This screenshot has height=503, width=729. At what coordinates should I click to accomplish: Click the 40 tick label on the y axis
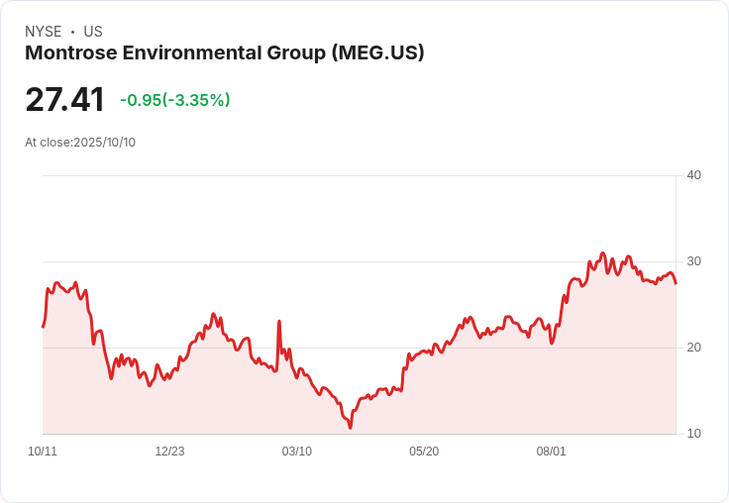coord(693,175)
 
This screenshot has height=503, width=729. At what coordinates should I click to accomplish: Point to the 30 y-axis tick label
coord(693,261)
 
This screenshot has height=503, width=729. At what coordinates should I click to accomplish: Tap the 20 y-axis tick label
coord(693,348)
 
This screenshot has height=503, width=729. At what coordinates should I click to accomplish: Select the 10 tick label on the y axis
coord(693,434)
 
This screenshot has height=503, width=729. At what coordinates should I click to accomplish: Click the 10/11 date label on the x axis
coord(43,452)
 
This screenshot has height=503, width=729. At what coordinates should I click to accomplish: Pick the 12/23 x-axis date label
coord(169,452)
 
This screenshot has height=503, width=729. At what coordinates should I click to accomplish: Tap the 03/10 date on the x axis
coord(296,452)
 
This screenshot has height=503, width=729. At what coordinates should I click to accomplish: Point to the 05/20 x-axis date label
coord(424,452)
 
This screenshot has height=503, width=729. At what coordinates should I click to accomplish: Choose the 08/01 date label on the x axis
coord(551,452)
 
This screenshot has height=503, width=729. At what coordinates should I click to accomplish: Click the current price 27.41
coord(64,100)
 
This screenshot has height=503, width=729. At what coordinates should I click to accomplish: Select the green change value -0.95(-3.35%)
coord(174,100)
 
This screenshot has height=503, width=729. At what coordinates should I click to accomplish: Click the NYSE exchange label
coord(44,32)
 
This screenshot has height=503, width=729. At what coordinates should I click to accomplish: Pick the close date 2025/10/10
coord(104,143)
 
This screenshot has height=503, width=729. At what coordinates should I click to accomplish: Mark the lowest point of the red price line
coord(350,427)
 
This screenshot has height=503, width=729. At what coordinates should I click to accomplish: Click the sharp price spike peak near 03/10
coord(279,322)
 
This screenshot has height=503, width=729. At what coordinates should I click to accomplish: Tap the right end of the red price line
coord(676,283)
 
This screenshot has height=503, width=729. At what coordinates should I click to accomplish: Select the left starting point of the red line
coord(43,327)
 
